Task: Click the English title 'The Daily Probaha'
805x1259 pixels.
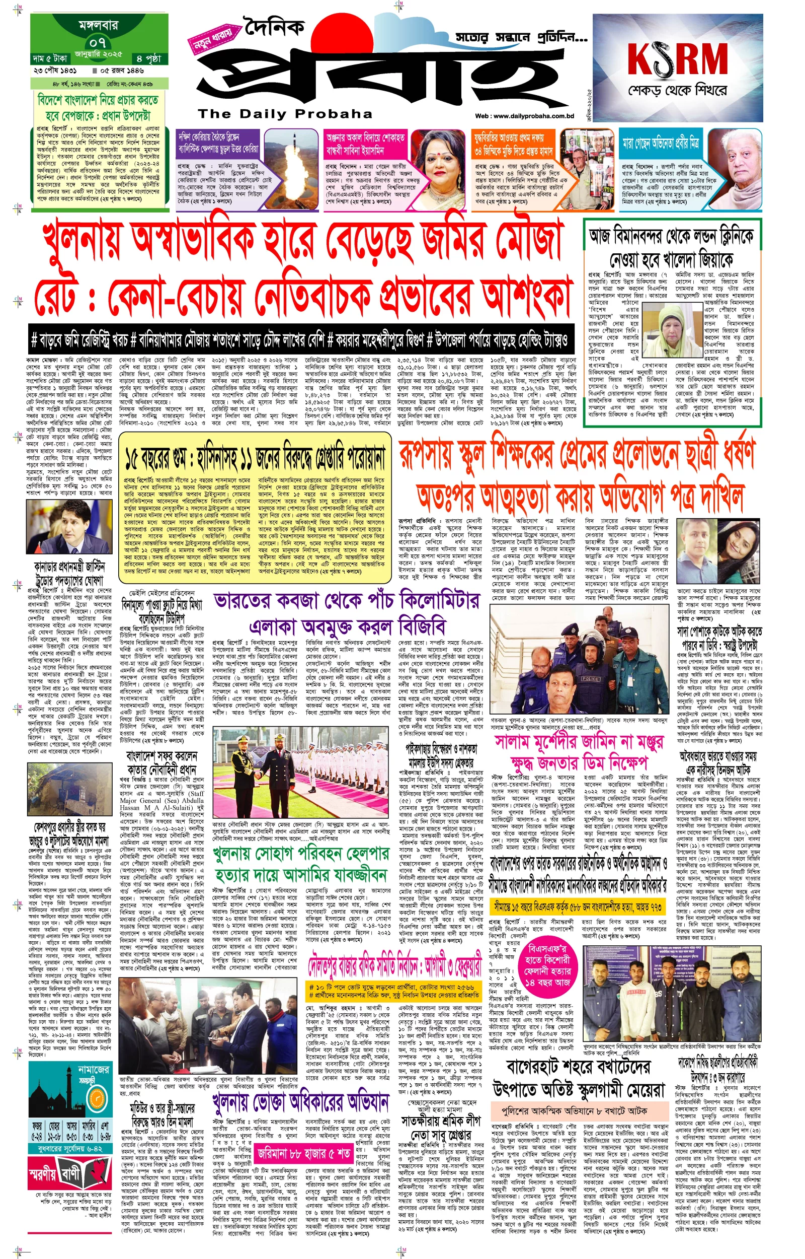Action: (x=285, y=114)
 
